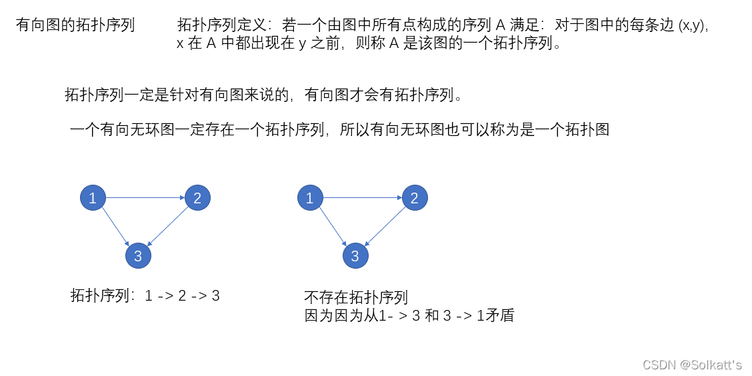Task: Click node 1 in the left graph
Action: tap(93, 197)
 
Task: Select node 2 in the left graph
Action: tap(197, 197)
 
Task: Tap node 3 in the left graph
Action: tap(138, 256)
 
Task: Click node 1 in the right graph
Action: tap(309, 197)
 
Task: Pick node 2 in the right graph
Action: tap(414, 197)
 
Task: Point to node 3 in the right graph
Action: tap(355, 256)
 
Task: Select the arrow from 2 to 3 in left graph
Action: tap(168, 226)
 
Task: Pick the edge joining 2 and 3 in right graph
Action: tap(385, 226)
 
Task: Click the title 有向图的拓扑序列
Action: tap(75, 25)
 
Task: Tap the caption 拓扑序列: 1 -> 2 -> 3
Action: tap(145, 295)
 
